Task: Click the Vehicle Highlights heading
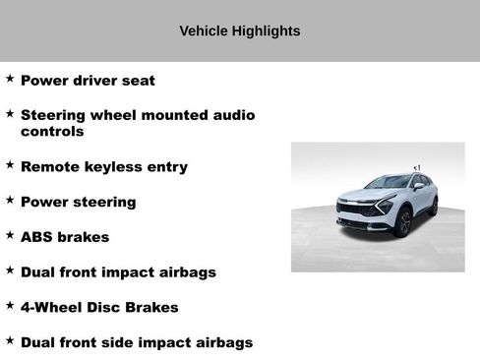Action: pos(240,31)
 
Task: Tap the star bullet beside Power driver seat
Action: pos(10,78)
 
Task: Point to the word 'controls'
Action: pos(52,132)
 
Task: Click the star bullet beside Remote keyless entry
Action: pos(10,164)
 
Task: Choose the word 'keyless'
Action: pos(115,167)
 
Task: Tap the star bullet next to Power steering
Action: pos(10,200)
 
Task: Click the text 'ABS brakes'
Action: pos(65,237)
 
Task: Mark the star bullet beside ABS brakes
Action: pos(10,235)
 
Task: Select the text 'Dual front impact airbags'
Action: pos(118,272)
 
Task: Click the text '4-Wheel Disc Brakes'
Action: pos(99,308)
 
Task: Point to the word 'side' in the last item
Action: pos(141,343)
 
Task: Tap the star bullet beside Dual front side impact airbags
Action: pos(10,340)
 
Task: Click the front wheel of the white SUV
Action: pos(402,222)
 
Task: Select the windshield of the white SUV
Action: pos(389,182)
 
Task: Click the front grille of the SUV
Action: pos(358,210)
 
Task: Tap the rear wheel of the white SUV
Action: pos(433,206)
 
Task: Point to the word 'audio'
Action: pos(233,116)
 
